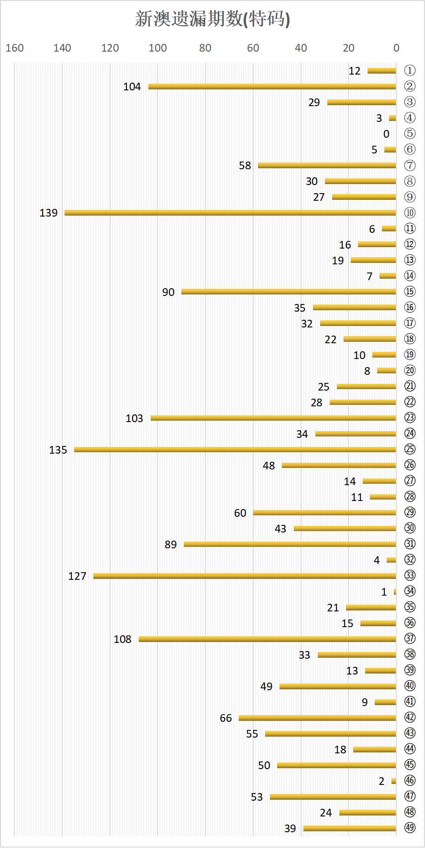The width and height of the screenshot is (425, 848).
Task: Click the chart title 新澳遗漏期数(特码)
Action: coord(212,19)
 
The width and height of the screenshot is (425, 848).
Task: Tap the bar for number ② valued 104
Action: coord(272,87)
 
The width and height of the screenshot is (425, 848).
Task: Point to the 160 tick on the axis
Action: coord(14,48)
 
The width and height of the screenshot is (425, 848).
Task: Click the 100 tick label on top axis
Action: coord(157,48)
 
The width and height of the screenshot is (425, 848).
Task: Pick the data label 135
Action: coord(58,450)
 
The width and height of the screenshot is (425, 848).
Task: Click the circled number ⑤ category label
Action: coord(410,134)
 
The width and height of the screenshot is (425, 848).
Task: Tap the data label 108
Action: coord(123,639)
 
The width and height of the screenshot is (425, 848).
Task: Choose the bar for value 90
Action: coord(289,292)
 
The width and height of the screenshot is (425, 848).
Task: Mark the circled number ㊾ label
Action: coord(410,828)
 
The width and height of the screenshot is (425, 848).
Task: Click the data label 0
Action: coord(386,134)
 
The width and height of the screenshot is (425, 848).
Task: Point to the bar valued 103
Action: coord(273,418)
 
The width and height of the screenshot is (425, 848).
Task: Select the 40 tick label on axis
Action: coord(301,48)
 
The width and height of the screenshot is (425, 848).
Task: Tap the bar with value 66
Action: coord(317,718)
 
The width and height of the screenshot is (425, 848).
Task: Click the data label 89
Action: coord(170,544)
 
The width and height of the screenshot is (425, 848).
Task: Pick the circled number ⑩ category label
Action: coord(410,213)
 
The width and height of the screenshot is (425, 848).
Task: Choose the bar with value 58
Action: coord(327,165)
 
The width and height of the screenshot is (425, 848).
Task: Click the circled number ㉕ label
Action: coord(410,449)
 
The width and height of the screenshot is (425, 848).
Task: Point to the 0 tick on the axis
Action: coord(396,48)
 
